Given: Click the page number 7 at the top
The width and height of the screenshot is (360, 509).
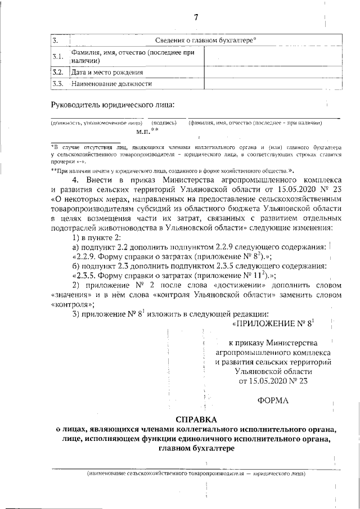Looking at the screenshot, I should [x=196, y=17].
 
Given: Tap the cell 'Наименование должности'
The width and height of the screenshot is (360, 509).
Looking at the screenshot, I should [x=111, y=84].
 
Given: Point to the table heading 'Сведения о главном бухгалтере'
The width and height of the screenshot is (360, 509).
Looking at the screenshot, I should [x=205, y=40].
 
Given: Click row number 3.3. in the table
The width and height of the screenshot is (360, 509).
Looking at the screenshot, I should [x=57, y=84].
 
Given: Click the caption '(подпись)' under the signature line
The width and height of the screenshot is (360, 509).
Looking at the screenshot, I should [x=165, y=123].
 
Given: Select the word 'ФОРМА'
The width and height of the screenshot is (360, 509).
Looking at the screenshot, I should [x=273, y=400].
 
